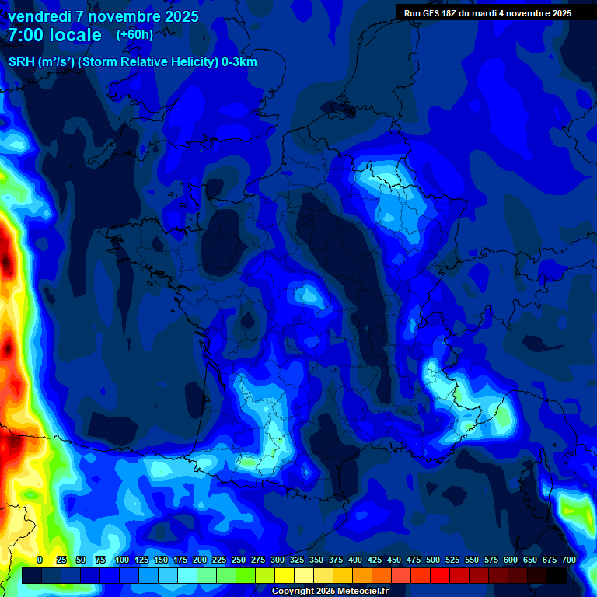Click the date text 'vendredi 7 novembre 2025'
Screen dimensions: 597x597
tap(103, 16)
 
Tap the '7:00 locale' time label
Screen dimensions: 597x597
tap(54, 35)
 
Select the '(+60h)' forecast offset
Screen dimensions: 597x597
tap(134, 35)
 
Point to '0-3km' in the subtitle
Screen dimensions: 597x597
tap(240, 63)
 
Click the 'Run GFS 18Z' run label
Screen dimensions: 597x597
tap(431, 13)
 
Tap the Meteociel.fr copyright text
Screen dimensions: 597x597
tap(330, 592)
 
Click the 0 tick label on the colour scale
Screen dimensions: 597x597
tap(40, 560)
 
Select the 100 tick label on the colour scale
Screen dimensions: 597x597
tap(122, 560)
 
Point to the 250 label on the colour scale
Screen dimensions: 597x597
tap(239, 560)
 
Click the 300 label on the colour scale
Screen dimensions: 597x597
tap(278, 560)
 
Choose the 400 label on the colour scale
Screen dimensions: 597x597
tap(355, 560)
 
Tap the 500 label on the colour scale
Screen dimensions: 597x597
tap(433, 560)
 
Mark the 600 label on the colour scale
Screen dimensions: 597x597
tap(511, 560)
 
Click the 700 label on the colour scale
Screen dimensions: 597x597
tap(569, 560)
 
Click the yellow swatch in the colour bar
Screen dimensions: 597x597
tap(285, 576)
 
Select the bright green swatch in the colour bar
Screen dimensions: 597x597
tap(246, 576)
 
